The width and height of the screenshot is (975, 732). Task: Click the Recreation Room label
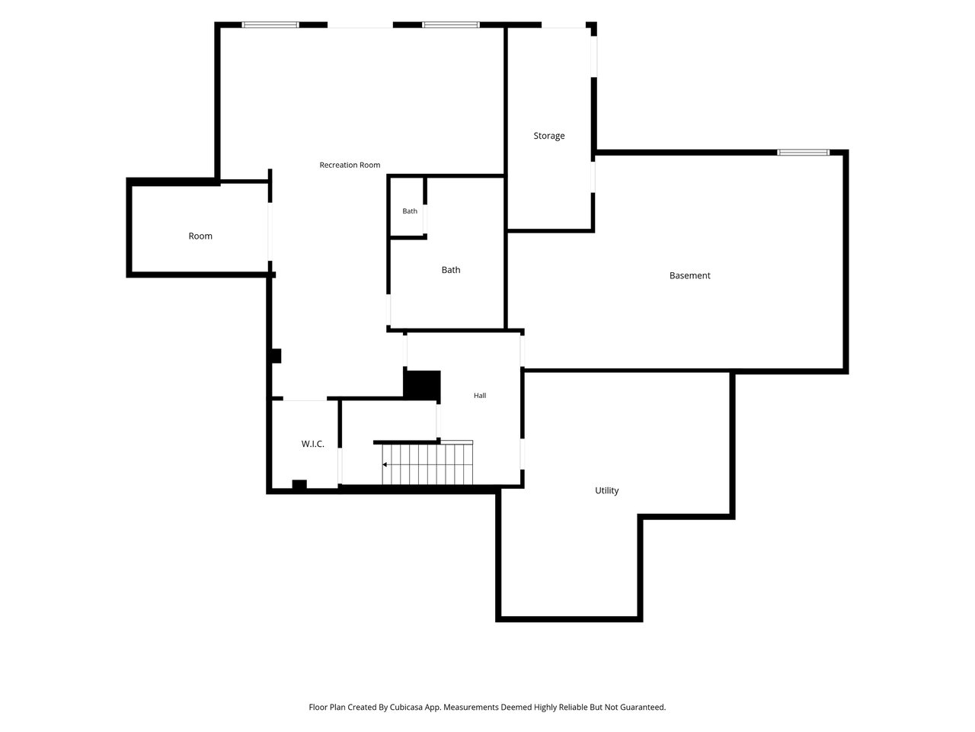click(350, 165)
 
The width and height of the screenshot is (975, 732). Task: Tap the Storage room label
click(548, 136)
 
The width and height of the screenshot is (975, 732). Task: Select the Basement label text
click(689, 275)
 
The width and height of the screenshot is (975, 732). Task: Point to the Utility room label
click(606, 490)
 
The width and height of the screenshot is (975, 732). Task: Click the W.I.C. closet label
click(313, 444)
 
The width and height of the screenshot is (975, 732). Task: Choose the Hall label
click(480, 395)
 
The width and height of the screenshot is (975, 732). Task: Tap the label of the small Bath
click(410, 211)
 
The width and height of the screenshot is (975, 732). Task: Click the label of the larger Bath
click(450, 270)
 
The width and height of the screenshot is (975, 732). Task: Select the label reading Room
click(200, 236)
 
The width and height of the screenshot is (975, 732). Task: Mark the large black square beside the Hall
click(421, 384)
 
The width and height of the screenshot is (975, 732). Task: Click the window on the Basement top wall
click(803, 152)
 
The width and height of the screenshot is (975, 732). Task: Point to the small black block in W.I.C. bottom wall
click(299, 484)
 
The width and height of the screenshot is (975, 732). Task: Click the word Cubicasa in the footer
click(406, 707)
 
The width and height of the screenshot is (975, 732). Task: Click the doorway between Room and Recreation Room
click(270, 232)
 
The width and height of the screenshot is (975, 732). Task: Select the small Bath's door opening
click(425, 219)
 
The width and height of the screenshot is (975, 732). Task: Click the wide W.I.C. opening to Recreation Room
click(305, 399)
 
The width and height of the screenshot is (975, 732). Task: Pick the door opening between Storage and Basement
click(593, 177)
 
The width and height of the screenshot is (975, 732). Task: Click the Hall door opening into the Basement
click(523, 351)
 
